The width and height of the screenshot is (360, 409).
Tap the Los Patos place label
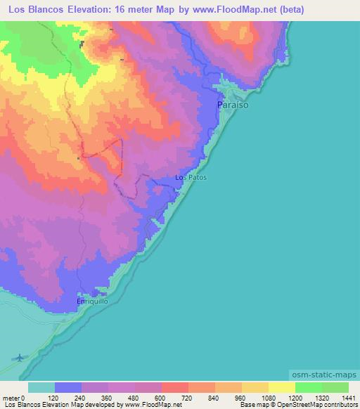191,178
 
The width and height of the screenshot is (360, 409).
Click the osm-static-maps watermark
323,375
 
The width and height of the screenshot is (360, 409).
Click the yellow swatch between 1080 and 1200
281,387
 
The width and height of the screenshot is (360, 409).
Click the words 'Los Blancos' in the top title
36,10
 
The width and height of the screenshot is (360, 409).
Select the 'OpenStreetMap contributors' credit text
319,405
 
